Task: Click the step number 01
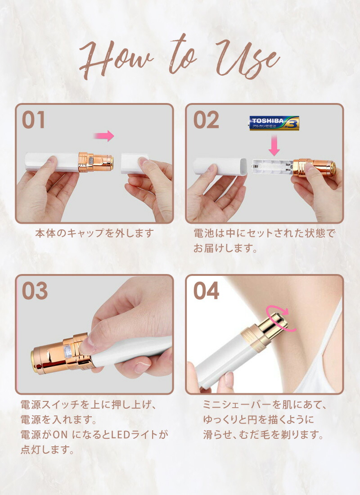pyautogui.click(x=33, y=120)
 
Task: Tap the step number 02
pyautogui.click(x=206, y=120)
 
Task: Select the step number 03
pyautogui.click(x=35, y=291)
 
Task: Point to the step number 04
pyautogui.click(x=206, y=291)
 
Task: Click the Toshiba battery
pyautogui.click(x=274, y=123)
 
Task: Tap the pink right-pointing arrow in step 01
pyautogui.click(x=104, y=136)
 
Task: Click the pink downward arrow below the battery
pyautogui.click(x=274, y=145)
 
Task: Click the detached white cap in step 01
pyautogui.click(x=134, y=163)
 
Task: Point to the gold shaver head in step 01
pyautogui.click(x=96, y=162)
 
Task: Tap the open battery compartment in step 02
pyautogui.click(x=272, y=167)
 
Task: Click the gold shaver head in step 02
pyautogui.click(x=314, y=168)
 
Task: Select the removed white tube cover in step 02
pyautogui.click(x=220, y=166)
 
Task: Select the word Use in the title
pyautogui.click(x=248, y=58)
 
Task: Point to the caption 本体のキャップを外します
pyautogui.click(x=94, y=233)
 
